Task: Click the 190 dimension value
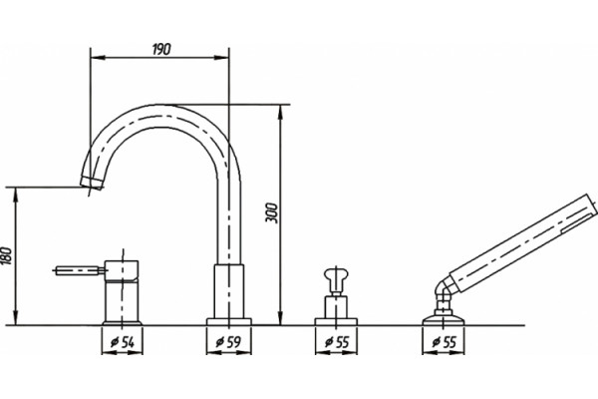[161, 49]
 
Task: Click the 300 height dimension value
[272, 213]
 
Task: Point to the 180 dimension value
[8, 255]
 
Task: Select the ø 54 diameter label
[122, 342]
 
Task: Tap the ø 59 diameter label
[228, 342]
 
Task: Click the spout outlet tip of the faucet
[92, 183]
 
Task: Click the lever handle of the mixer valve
[79, 270]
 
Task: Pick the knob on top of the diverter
[336, 276]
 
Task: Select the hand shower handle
[522, 244]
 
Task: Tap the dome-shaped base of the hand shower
[444, 320]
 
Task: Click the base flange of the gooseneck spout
[229, 321]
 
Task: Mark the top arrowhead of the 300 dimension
[280, 112]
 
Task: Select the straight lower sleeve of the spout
[229, 291]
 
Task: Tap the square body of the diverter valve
[336, 307]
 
